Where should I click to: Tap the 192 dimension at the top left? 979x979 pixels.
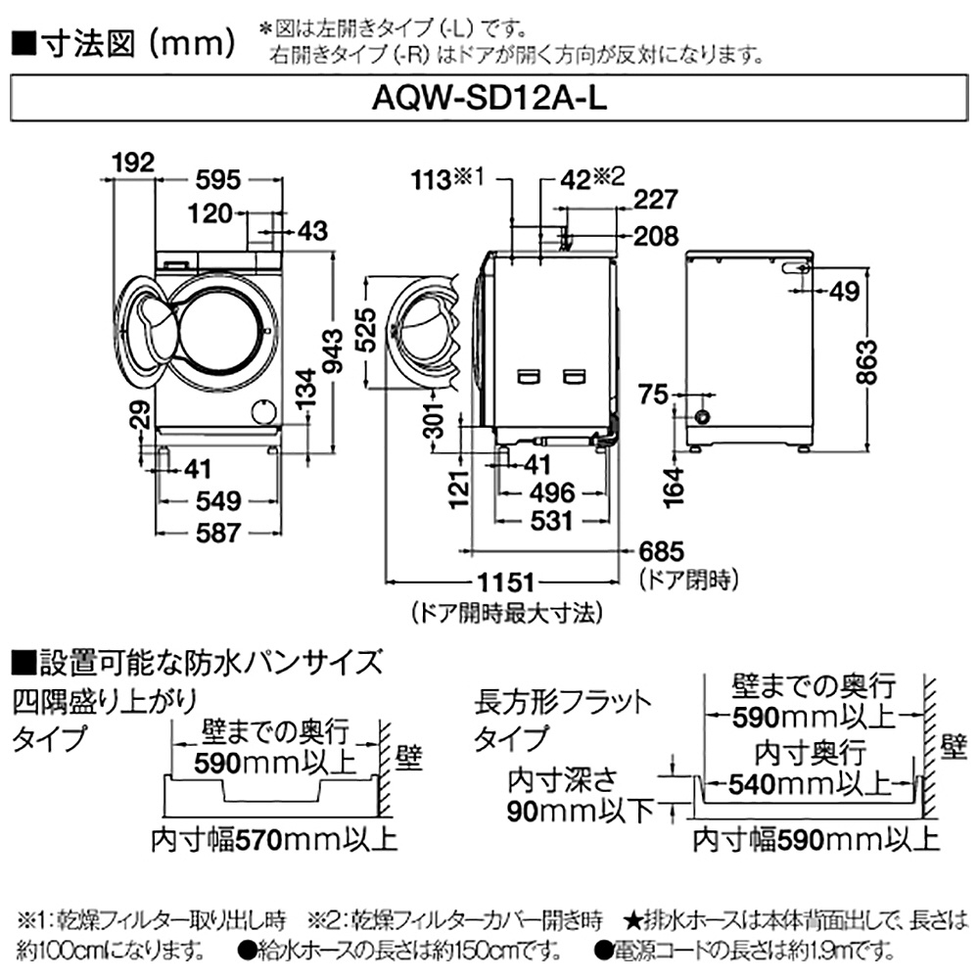pos(133,163)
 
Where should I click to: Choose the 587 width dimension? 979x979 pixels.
pos(215,533)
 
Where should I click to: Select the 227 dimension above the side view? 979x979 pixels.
pos(655,200)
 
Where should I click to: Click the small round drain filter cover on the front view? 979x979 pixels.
pos(261,410)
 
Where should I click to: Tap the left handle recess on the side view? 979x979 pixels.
pos(530,374)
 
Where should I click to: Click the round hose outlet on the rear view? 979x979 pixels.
pos(702,416)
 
